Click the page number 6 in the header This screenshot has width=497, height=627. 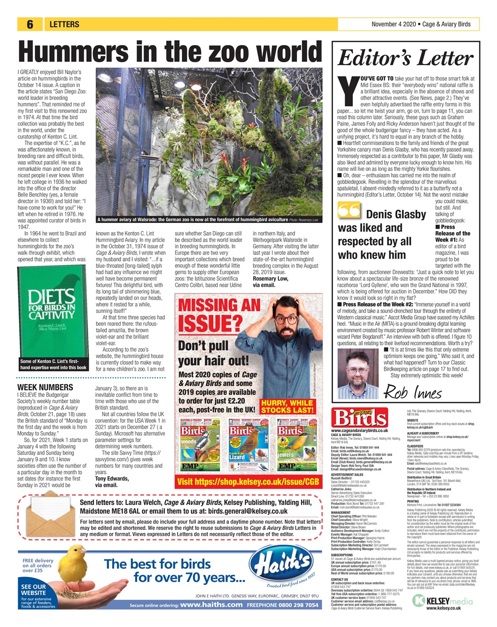tap(30, 24)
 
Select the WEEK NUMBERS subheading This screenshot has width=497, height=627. tap(45, 387)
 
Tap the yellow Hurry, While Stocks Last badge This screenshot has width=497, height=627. tap(287, 406)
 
